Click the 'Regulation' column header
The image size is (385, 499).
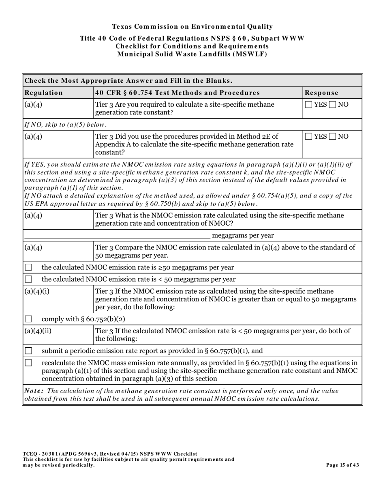44,92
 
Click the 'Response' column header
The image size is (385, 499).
321,92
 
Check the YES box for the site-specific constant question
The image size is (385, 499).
309,105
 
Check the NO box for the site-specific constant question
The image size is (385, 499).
333,105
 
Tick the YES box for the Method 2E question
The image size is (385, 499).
309,137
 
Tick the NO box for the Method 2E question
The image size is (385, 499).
333,137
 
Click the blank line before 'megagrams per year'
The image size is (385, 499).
118,236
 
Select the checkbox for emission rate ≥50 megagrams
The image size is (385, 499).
29,268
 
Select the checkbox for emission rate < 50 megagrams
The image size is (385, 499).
29,280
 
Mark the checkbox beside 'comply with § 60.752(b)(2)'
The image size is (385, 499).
29,319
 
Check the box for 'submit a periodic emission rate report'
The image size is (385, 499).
29,351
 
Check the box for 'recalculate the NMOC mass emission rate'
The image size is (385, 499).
29,363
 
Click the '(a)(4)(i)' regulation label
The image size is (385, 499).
37,291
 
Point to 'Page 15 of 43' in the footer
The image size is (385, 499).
342,465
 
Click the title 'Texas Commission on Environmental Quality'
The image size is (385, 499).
192,27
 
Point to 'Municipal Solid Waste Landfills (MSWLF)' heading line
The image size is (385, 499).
192,54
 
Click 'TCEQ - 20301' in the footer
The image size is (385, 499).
40,454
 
